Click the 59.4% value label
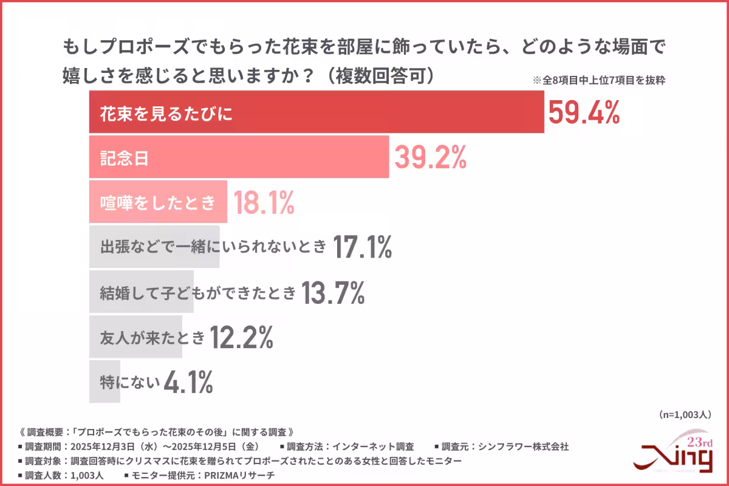584,113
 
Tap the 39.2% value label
430,158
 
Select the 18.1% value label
264,203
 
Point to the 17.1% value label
362,247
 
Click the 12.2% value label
241,338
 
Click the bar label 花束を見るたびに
166,114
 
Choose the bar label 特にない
130,383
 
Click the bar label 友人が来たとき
152,338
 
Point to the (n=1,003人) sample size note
685,414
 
